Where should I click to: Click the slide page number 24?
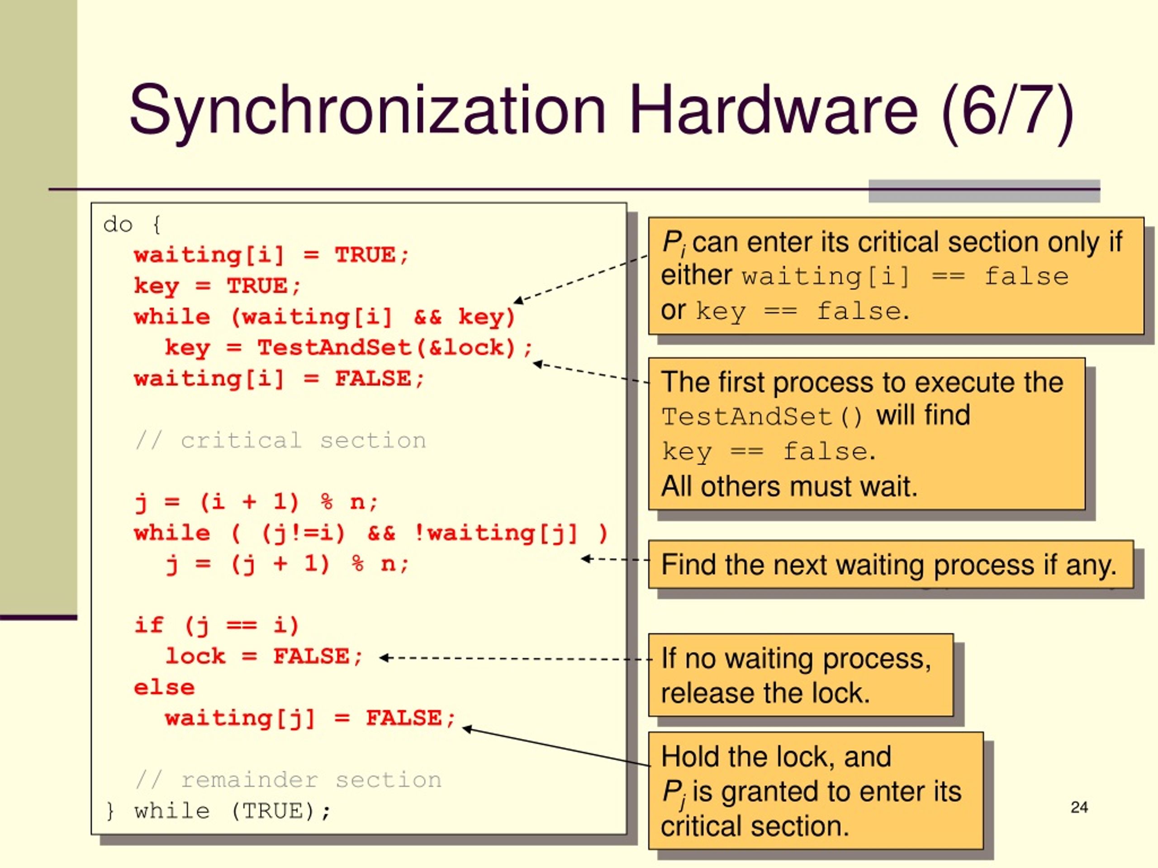tap(1079, 807)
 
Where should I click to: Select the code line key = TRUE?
tap(218, 286)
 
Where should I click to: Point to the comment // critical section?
tap(280, 440)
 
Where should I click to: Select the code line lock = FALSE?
tap(264, 656)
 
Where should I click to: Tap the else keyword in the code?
tap(164, 688)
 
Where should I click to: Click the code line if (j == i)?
tap(217, 626)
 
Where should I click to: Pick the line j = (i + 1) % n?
tap(256, 503)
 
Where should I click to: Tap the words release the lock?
tap(765, 693)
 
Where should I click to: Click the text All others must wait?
tap(789, 486)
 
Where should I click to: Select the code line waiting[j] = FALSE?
tap(310, 718)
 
